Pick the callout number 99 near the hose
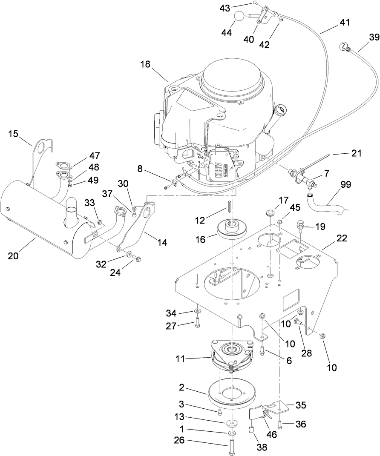pos(346,184)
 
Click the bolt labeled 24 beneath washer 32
pos(137,258)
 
